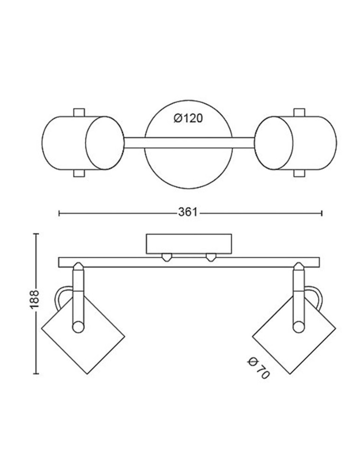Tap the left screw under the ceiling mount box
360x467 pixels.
(166, 256)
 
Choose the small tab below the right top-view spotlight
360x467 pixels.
(299, 173)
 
